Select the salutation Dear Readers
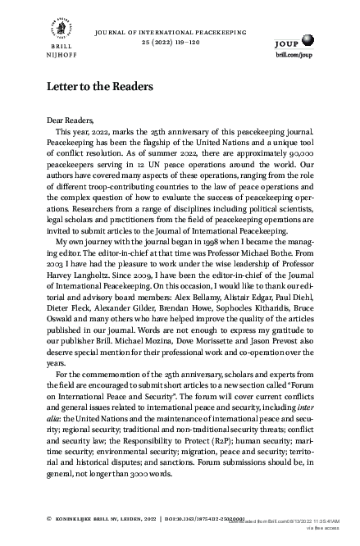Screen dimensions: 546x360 point(71,120)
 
